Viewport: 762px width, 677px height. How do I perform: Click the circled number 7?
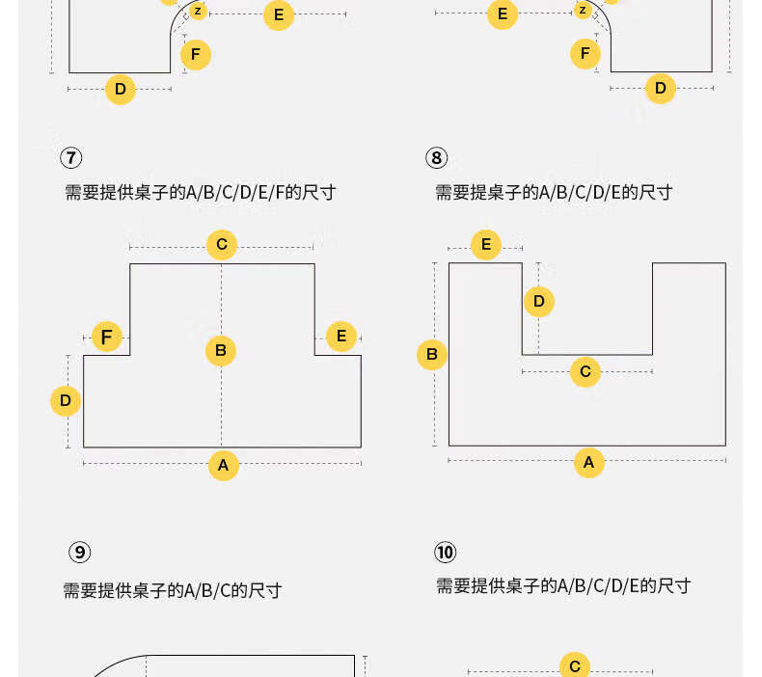point(71,158)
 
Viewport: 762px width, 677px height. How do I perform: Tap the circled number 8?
point(436,158)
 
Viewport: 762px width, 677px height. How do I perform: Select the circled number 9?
point(80,552)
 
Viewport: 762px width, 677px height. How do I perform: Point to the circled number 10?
point(446,552)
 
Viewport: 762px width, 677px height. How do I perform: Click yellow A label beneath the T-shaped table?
point(223,465)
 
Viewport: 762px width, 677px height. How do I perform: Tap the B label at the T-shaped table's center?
point(221,350)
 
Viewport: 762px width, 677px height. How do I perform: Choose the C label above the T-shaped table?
point(222,244)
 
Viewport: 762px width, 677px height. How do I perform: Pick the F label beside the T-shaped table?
point(107,337)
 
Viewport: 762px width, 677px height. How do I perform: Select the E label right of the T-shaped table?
point(341,336)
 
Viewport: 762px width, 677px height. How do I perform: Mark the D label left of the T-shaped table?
point(66,401)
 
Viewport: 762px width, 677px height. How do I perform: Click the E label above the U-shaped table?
point(486,244)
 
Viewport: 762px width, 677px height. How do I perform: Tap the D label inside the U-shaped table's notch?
point(539,301)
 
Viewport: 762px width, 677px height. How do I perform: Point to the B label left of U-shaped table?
point(432,354)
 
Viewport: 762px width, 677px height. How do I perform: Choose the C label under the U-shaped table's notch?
point(585,372)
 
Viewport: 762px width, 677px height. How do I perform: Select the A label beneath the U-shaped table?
point(589,463)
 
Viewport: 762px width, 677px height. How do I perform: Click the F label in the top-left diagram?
point(196,54)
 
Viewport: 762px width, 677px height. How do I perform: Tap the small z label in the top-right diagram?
point(583,10)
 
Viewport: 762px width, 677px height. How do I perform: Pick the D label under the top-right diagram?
point(661,89)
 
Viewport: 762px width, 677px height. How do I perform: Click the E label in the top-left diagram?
point(279,15)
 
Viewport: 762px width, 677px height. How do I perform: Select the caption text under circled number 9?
point(173,591)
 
